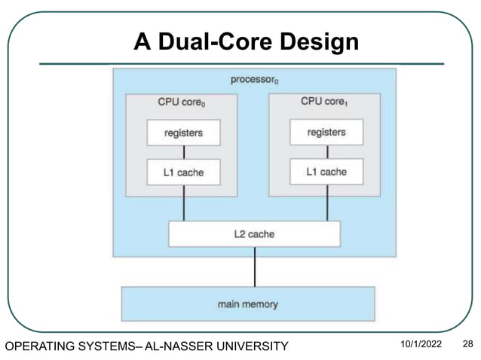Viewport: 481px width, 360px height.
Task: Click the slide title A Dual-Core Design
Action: click(x=246, y=42)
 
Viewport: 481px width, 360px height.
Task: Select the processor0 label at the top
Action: click(x=254, y=80)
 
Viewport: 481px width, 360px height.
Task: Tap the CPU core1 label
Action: click(x=326, y=102)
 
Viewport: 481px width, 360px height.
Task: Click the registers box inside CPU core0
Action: click(x=183, y=133)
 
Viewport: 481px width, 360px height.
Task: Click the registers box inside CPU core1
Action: click(x=326, y=132)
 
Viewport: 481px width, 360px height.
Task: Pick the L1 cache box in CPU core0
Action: click(x=183, y=172)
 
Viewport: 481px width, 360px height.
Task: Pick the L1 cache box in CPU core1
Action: click(x=326, y=172)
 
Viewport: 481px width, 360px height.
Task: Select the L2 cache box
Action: click(x=254, y=234)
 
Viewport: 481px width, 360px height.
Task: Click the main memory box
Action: click(x=247, y=304)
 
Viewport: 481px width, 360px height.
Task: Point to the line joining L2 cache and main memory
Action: click(x=255, y=267)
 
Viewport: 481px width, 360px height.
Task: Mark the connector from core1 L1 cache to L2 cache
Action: click(x=327, y=203)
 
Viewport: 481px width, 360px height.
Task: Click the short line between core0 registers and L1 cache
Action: click(x=183, y=152)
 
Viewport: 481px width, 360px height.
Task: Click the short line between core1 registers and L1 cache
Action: click(x=327, y=151)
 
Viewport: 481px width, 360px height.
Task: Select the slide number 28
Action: click(x=467, y=345)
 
